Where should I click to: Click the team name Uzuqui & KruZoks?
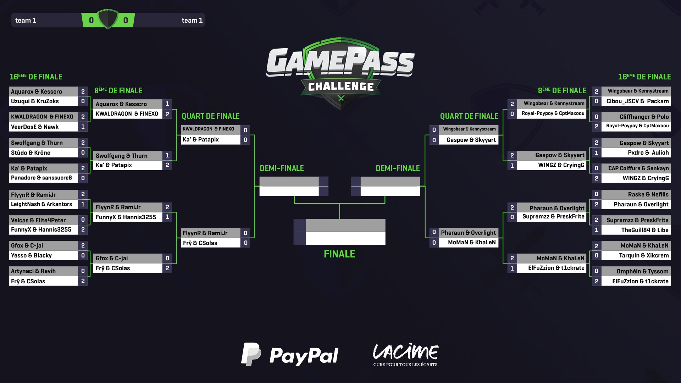35,101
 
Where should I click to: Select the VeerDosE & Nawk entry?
35,127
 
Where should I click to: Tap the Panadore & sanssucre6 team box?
41,178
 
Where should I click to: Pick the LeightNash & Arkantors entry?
41,204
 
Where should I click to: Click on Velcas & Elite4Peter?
38,220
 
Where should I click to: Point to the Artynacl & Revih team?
33,271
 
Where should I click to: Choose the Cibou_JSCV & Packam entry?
637,101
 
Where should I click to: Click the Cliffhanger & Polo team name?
644,117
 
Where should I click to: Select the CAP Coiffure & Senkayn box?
638,168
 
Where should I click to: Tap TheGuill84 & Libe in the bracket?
645,230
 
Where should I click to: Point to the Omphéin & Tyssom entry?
642,271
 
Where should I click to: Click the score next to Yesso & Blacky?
83,255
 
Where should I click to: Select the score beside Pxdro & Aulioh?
597,152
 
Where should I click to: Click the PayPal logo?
290,354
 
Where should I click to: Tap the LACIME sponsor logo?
405,354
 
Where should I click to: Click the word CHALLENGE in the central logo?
341,87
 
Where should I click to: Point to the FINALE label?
339,254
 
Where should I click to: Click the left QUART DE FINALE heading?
211,116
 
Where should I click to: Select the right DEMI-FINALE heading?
398,168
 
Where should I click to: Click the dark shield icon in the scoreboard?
108,19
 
